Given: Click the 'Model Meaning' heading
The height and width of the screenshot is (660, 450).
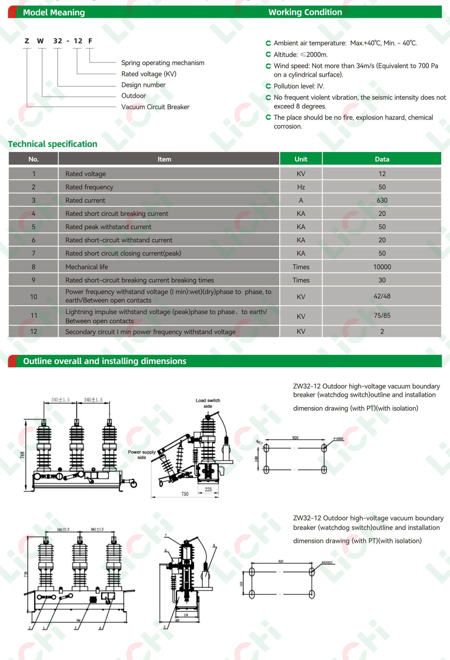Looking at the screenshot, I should (54, 12).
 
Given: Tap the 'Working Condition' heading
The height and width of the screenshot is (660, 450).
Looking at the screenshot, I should (305, 12).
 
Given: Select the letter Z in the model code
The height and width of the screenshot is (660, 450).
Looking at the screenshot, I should (27, 41).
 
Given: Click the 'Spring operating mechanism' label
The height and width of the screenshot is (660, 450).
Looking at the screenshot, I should (163, 63).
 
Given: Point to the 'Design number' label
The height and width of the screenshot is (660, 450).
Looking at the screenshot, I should (143, 85).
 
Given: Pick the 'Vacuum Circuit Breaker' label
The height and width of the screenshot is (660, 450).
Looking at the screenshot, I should (155, 107).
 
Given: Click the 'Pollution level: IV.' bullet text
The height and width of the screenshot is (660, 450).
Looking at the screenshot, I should (299, 86).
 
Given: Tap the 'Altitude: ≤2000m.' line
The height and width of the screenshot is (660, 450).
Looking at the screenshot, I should (300, 55).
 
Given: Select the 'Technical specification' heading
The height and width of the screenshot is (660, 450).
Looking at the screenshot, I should (53, 144).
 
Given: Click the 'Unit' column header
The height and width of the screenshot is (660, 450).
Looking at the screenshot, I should (301, 159).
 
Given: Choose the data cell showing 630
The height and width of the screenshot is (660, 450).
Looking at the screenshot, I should (382, 201).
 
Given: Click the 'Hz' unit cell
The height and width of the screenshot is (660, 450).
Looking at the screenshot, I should (301, 187).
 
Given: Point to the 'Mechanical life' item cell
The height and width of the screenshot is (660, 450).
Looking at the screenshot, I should (87, 267).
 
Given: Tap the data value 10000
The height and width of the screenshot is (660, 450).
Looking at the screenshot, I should (382, 267).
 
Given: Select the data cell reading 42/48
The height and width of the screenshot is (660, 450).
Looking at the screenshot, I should (382, 296).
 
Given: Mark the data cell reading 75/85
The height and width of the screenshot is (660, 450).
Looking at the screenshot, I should (382, 316).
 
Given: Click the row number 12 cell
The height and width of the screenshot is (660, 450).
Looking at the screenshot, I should (33, 332).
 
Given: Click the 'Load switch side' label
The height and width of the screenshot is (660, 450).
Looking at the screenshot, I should (208, 403).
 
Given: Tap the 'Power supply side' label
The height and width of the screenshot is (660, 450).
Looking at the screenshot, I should (141, 454).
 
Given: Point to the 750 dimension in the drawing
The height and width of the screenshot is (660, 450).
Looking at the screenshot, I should (185, 494).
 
